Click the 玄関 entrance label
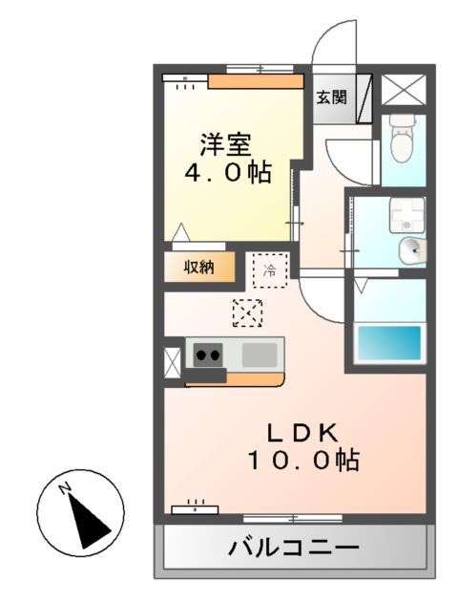point(332,97)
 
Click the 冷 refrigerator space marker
point(269,270)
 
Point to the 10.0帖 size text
point(303,461)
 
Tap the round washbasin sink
point(411,250)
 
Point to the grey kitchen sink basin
point(259,355)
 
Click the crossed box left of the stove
point(173,362)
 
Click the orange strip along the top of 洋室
point(256,81)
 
